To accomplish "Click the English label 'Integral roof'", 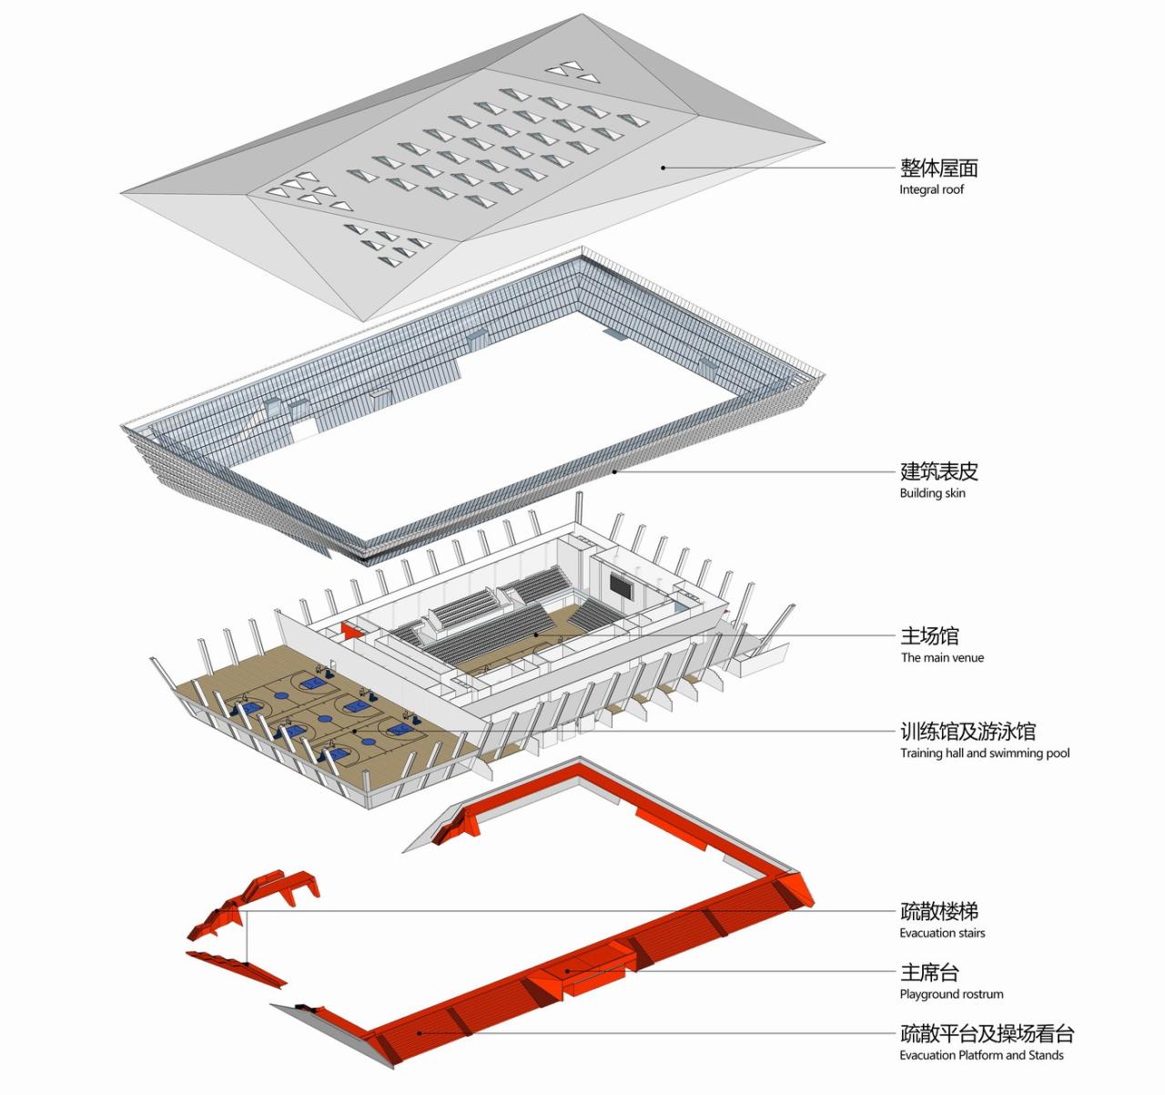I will (x=931, y=190).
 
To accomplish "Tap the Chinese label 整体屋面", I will (x=938, y=167).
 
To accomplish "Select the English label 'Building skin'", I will (x=932, y=493).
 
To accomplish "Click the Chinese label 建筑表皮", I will (x=938, y=471).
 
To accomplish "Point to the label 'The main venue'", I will (x=942, y=657).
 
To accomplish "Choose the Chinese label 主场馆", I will (x=929, y=635).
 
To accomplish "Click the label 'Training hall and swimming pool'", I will (x=985, y=753).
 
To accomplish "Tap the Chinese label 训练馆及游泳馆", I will (x=967, y=731).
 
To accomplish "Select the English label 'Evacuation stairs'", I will (x=942, y=933).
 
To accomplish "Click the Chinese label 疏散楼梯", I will (x=938, y=911).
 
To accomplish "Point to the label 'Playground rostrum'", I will (x=951, y=994).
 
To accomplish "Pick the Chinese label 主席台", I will (x=929, y=972).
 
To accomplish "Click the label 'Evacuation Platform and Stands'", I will (x=981, y=1055).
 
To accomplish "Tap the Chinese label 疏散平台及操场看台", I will (x=987, y=1033).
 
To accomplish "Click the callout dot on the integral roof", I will (x=664, y=167).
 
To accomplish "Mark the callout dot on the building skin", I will (x=615, y=471).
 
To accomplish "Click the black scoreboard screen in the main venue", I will (x=621, y=586).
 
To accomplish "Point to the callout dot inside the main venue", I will (x=535, y=634).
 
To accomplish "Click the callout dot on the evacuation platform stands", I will (x=419, y=1032).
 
